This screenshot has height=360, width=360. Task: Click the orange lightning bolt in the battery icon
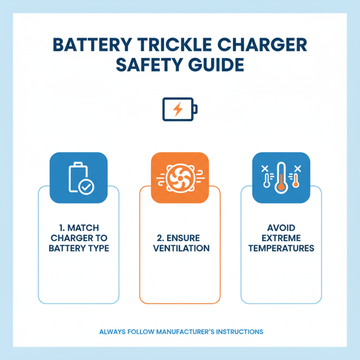(x=178, y=109)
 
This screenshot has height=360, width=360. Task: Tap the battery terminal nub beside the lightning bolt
(x=196, y=109)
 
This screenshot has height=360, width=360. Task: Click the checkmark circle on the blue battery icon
(x=86, y=186)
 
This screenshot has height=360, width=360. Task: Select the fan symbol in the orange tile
(x=180, y=179)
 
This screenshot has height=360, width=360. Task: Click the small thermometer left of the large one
(x=267, y=180)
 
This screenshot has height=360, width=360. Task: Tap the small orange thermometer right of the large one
(x=295, y=180)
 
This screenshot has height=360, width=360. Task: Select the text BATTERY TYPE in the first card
(x=79, y=248)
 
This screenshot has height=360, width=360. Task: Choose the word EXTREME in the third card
(x=281, y=238)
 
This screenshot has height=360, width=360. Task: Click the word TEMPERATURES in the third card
(x=281, y=248)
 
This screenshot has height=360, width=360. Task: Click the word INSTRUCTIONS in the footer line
(x=239, y=332)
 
